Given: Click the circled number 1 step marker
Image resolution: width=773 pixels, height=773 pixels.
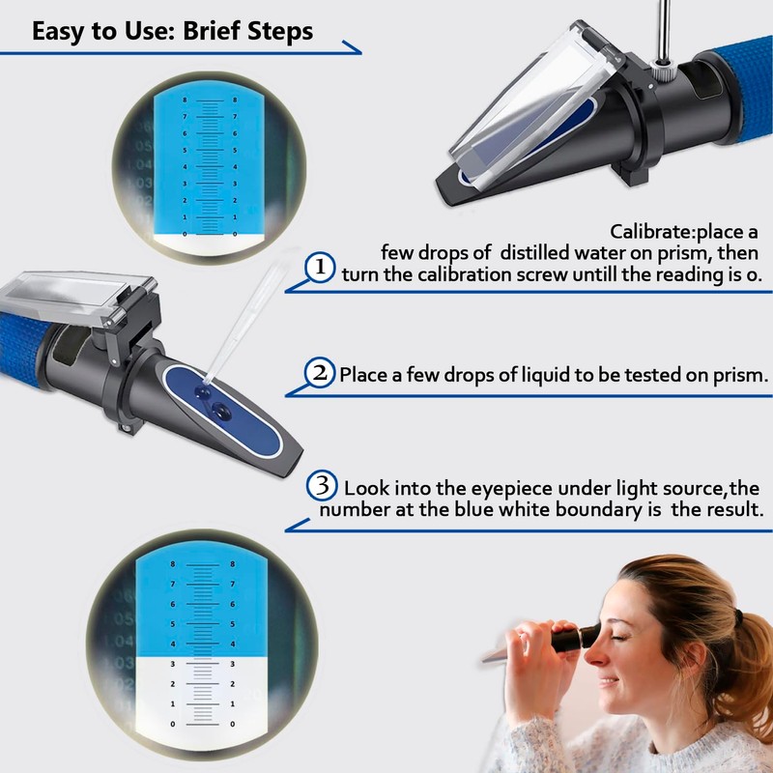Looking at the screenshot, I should (320, 268).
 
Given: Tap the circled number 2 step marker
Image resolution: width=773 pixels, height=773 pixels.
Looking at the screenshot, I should (320, 373).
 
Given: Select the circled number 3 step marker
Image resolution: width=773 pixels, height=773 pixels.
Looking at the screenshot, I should (322, 485).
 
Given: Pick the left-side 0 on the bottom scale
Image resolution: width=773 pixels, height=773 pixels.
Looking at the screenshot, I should (173, 724).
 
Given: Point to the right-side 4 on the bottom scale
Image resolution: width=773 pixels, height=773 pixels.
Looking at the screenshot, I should (233, 644).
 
